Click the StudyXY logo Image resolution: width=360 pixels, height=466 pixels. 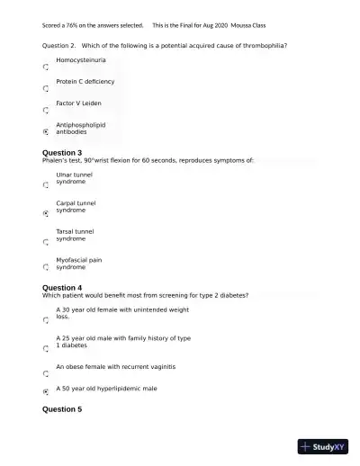coord(323,445)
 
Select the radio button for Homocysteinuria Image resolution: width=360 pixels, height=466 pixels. coord(46,67)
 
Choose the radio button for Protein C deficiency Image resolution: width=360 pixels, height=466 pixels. coord(46,89)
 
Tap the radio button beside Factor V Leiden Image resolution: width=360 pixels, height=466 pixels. coord(46,111)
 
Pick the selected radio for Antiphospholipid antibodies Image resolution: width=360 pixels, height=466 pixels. coord(46,131)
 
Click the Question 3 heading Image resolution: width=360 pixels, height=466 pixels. coord(62,153)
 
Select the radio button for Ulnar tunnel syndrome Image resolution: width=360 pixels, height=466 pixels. coord(46,185)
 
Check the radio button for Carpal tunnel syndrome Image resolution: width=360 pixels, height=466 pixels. coord(46,214)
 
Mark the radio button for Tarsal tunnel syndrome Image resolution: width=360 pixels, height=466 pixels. coord(46,242)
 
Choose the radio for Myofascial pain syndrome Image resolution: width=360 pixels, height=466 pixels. coord(46,267)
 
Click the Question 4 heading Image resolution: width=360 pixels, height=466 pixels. coord(62,288)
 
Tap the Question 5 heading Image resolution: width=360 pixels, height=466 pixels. coord(62,409)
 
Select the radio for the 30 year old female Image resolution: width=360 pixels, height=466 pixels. coord(46,319)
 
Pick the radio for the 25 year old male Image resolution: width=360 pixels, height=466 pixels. coord(46,348)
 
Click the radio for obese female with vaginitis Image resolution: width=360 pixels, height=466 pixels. coord(46,372)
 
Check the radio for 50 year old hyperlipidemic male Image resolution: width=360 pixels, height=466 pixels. coord(46,392)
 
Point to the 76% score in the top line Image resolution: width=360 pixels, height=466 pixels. coord(74,25)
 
